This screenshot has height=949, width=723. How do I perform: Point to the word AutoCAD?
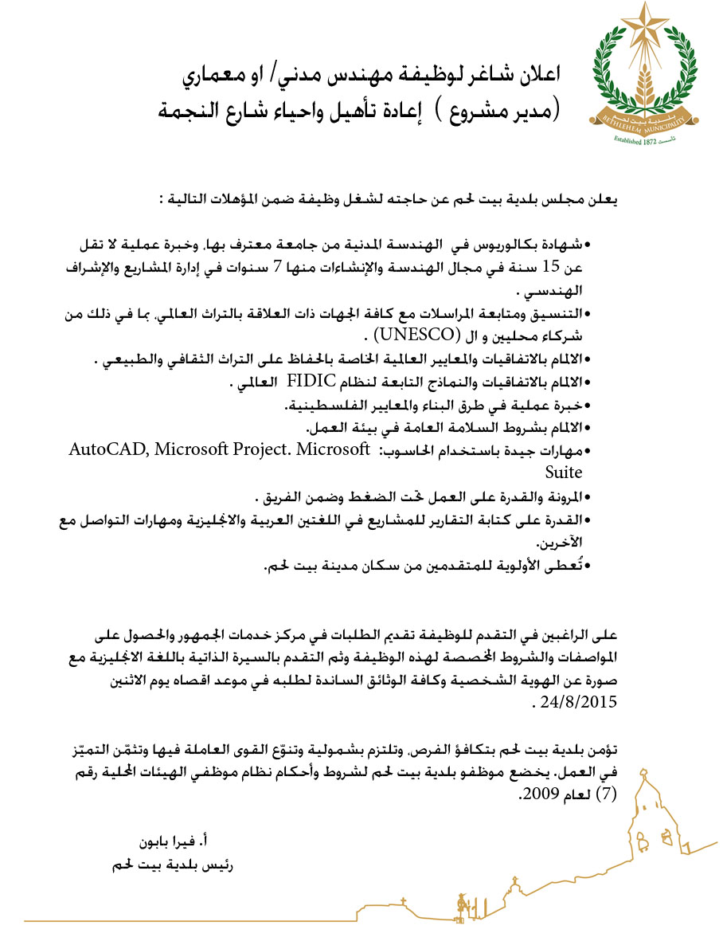coord(108,449)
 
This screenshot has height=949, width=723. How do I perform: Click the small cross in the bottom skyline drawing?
coord(404,903)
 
